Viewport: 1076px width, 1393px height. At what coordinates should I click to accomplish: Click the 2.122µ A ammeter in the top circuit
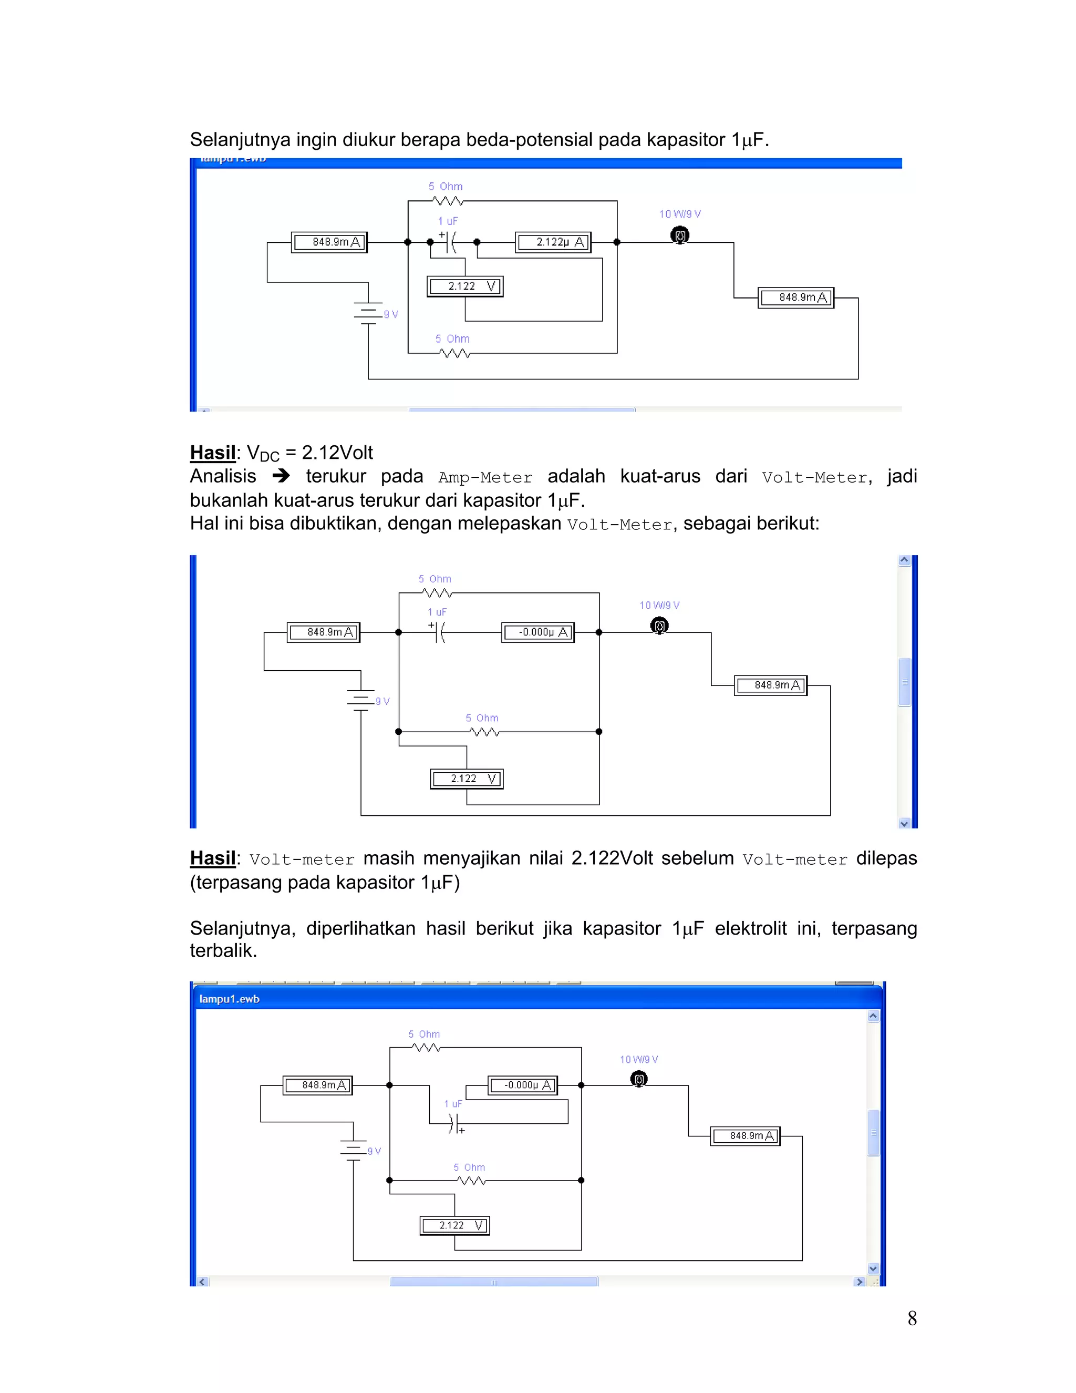[x=553, y=242]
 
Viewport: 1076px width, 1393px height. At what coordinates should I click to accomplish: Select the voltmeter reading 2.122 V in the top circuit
[x=464, y=286]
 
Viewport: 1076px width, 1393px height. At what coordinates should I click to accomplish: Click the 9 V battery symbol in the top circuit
[x=368, y=313]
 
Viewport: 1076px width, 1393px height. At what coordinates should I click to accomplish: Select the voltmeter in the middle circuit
[x=467, y=779]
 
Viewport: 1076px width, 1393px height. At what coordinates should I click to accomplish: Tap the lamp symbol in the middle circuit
[x=659, y=627]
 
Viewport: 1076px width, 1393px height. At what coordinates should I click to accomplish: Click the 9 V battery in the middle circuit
[x=361, y=700]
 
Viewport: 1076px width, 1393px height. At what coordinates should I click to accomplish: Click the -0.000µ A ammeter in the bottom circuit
[x=523, y=1085]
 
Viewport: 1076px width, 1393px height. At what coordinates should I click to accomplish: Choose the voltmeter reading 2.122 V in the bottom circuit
[x=454, y=1226]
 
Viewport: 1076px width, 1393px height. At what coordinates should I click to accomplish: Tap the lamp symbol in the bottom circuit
[x=639, y=1079]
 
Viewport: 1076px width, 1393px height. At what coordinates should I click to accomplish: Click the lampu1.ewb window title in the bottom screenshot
[x=230, y=999]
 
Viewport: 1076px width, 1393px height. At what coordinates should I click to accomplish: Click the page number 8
[x=912, y=1318]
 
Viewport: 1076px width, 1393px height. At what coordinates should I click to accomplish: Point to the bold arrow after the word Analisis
[x=281, y=476]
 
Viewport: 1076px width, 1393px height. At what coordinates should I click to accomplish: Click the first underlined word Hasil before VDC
[x=213, y=453]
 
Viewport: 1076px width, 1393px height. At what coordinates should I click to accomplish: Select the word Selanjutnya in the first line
[x=240, y=140]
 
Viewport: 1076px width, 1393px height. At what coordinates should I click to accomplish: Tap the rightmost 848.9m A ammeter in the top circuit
[x=795, y=298]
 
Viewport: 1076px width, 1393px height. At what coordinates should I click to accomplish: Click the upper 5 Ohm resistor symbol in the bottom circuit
[x=426, y=1048]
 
